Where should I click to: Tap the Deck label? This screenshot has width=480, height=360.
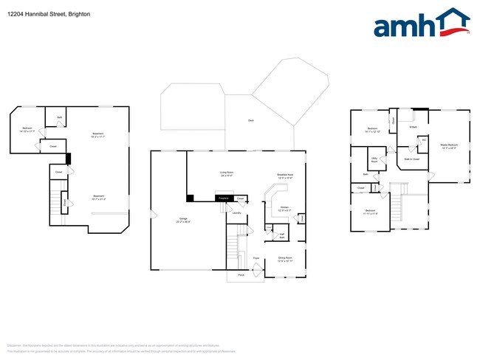[250, 120]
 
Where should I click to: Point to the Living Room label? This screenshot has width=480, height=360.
[226, 174]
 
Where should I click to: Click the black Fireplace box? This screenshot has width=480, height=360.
[223, 198]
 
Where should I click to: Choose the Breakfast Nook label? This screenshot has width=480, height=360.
[285, 176]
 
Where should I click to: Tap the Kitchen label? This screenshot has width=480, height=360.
[285, 210]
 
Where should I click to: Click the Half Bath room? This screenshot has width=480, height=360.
[282, 235]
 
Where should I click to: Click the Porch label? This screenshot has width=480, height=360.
[240, 275]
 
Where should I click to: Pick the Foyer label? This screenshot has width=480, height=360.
[256, 257]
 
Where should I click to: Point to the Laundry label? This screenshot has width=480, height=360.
[237, 213]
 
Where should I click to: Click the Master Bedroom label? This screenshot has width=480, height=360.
[449, 147]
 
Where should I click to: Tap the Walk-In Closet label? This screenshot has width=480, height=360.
[411, 159]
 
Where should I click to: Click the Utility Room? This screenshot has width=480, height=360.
[374, 159]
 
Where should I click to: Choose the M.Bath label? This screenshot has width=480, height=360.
[414, 128]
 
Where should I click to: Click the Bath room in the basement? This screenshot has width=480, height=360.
[58, 117]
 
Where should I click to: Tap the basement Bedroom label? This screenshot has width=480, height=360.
[27, 130]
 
